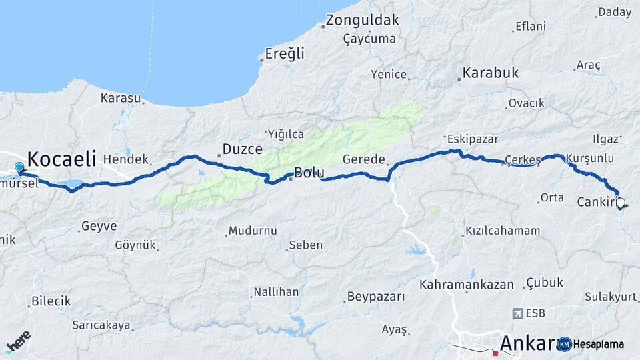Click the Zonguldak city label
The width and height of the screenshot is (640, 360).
click(x=363, y=20)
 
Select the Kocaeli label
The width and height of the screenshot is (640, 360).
click(x=62, y=159)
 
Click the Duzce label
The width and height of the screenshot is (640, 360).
click(x=242, y=149)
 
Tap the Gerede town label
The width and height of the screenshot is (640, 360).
click(x=363, y=159)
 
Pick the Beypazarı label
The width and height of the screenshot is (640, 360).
click(x=376, y=297)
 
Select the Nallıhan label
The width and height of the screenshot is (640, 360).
click(x=276, y=292)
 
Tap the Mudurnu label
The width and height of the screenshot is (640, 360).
click(x=252, y=231)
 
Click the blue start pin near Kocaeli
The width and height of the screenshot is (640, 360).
click(x=19, y=168)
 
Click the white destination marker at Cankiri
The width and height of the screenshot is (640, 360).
click(x=621, y=203)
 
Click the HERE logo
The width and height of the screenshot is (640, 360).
click(x=18, y=341)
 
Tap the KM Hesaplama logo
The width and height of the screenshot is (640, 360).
click(x=591, y=344)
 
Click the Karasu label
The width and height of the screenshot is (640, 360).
click(x=121, y=98)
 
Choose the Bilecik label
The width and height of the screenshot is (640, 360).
click(x=51, y=301)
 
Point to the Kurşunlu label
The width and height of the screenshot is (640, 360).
click(x=589, y=159)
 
